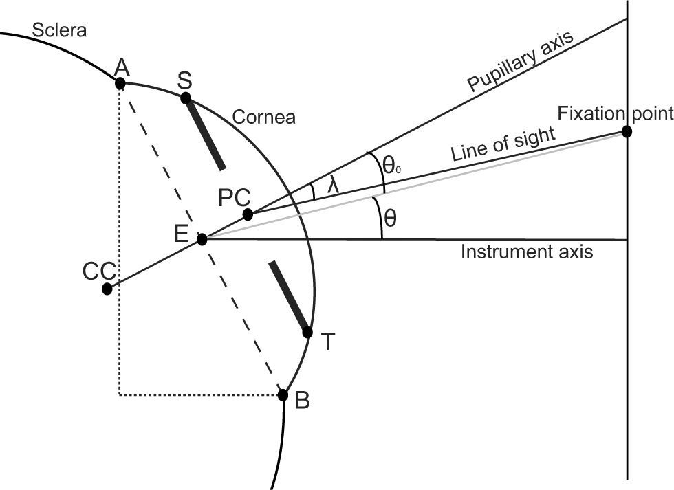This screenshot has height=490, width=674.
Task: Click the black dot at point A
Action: [120, 84]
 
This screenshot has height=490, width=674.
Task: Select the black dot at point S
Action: [185, 98]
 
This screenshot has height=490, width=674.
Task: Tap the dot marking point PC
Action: [248, 214]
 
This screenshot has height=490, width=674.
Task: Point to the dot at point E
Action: [202, 239]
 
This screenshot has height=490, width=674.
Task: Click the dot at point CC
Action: [107, 289]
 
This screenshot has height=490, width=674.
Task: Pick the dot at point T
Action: [307, 333]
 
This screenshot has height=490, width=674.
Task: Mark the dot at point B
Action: [283, 394]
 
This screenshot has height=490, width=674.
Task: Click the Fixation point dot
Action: [627, 131]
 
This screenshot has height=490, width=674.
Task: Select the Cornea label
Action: [263, 118]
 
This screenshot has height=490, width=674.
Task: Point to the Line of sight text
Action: [502, 144]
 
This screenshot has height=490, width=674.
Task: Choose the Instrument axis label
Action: [526, 252]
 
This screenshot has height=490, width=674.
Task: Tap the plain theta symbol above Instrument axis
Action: [390, 219]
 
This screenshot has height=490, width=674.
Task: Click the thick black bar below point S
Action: [204, 134]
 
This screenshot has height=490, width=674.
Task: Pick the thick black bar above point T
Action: [289, 296]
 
